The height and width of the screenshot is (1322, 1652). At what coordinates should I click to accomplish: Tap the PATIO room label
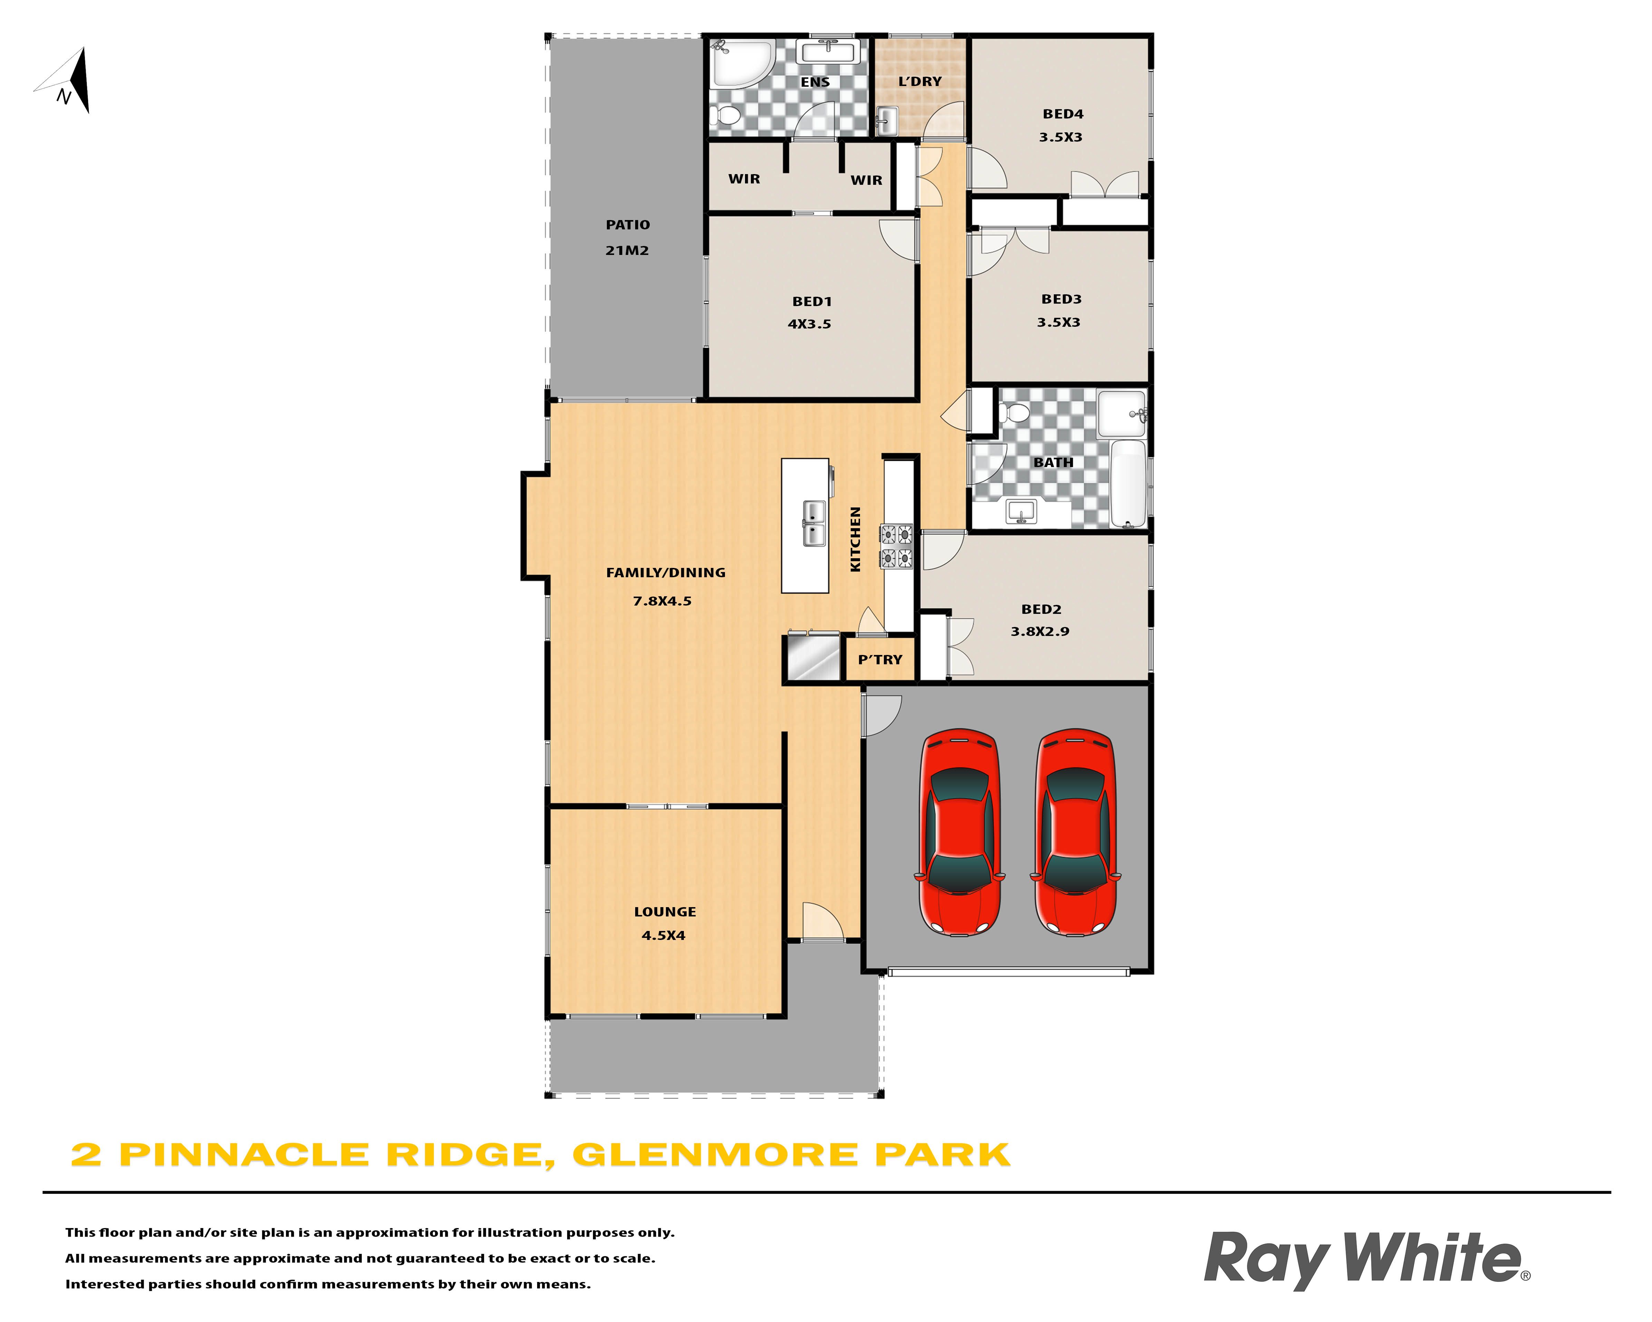coord(628,225)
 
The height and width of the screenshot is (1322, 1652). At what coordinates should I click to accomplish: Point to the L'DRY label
coord(919,81)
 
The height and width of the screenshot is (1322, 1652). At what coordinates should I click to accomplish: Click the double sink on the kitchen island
coord(814,523)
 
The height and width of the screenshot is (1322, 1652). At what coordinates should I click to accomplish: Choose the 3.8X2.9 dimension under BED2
coord(1040,631)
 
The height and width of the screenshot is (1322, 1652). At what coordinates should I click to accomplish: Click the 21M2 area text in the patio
coord(627,250)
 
